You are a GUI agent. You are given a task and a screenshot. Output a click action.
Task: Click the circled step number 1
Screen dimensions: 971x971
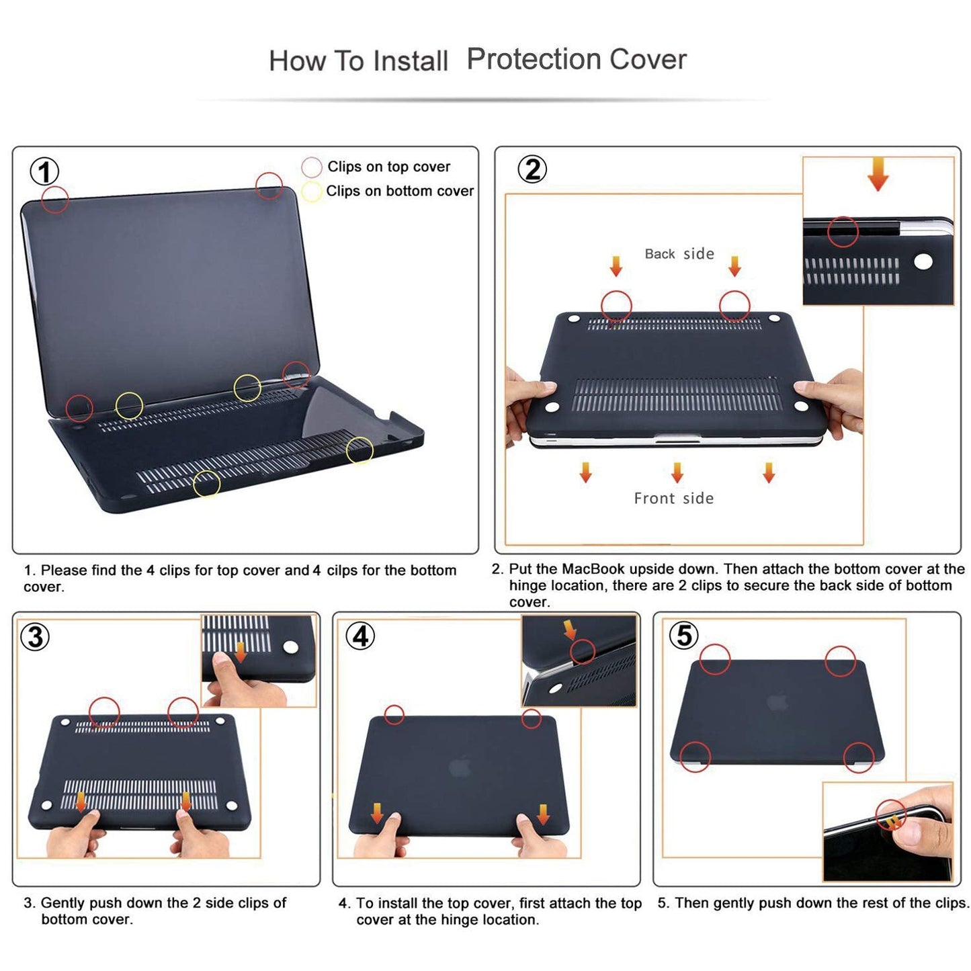pyautogui.click(x=44, y=172)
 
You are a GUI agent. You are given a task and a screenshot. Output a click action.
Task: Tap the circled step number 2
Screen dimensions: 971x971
pyautogui.click(x=532, y=169)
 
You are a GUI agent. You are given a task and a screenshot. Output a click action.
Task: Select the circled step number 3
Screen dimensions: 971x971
pyautogui.click(x=36, y=636)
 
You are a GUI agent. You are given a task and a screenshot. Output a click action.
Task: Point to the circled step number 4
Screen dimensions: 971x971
pyautogui.click(x=361, y=636)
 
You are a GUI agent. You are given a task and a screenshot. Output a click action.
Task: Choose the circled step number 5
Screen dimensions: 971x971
pyautogui.click(x=684, y=635)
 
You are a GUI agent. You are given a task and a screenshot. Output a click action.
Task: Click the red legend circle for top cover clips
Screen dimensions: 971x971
pyautogui.click(x=311, y=167)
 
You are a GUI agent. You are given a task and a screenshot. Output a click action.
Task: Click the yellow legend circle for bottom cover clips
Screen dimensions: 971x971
pyautogui.click(x=311, y=192)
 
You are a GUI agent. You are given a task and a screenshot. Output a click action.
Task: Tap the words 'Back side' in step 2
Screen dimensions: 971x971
pyautogui.click(x=679, y=254)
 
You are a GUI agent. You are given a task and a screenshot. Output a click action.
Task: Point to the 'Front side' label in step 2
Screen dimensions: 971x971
pyautogui.click(x=673, y=499)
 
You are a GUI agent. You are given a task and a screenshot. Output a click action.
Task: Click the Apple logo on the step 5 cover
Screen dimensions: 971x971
pyautogui.click(x=777, y=702)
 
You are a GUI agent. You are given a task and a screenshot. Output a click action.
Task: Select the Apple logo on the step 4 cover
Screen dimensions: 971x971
pyautogui.click(x=460, y=767)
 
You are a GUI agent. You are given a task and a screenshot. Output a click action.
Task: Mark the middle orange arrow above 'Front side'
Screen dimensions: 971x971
pyautogui.click(x=677, y=472)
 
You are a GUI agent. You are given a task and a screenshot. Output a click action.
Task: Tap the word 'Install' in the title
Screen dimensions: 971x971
pyautogui.click(x=410, y=61)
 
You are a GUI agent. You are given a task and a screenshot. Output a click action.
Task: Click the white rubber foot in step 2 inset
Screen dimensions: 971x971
pyautogui.click(x=923, y=261)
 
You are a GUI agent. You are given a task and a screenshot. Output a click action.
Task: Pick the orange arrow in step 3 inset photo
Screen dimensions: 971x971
pyautogui.click(x=241, y=651)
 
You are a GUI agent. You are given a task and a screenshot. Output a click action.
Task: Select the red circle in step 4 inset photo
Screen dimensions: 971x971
pyautogui.click(x=582, y=651)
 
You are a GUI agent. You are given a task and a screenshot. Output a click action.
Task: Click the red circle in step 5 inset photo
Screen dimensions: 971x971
pyautogui.click(x=891, y=814)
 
